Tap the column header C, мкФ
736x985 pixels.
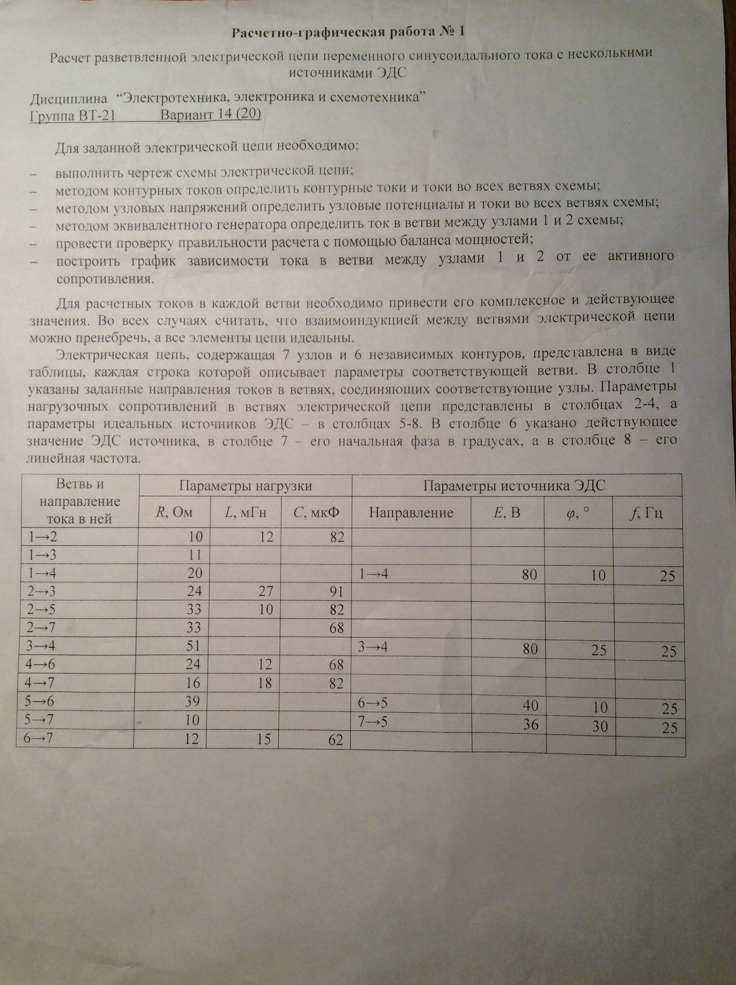316,513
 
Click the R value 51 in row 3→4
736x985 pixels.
195,646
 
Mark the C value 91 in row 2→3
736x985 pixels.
337,592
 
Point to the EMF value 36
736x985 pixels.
531,724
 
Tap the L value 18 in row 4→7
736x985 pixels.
265,683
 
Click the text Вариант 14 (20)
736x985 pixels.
211,114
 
